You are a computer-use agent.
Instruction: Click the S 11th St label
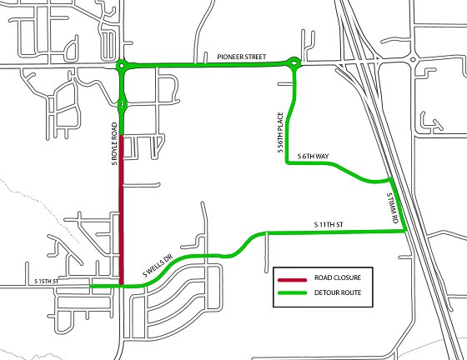[330, 225]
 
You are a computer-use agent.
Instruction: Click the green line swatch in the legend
[293, 292]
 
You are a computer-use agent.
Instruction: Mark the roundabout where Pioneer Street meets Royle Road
[122, 66]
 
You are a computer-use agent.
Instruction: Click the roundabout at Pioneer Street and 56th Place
[294, 62]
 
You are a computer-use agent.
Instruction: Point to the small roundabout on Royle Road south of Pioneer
[123, 104]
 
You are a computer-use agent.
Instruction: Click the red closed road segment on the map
[122, 208]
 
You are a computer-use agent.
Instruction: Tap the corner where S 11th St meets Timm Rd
[405, 232]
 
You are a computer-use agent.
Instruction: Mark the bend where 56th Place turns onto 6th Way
[288, 163]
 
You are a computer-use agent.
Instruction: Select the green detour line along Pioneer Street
[208, 65]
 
